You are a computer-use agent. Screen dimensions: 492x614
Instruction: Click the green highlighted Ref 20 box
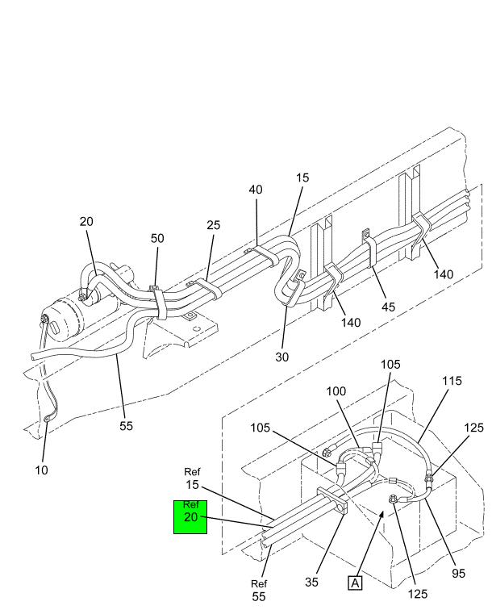tap(190, 517)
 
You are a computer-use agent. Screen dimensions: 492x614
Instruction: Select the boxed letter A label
tap(355, 583)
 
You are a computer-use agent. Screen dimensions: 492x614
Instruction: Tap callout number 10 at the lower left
tap(41, 470)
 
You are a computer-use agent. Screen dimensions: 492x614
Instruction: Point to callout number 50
tap(157, 238)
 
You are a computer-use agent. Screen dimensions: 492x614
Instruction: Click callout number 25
tap(213, 225)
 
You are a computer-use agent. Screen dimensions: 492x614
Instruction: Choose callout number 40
tap(256, 190)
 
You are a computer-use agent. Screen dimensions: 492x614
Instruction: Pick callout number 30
tap(281, 357)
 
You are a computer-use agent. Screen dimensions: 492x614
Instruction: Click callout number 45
tap(388, 307)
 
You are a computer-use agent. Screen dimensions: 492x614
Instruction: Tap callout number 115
tap(452, 381)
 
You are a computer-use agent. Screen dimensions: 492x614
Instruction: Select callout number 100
tap(336, 391)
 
